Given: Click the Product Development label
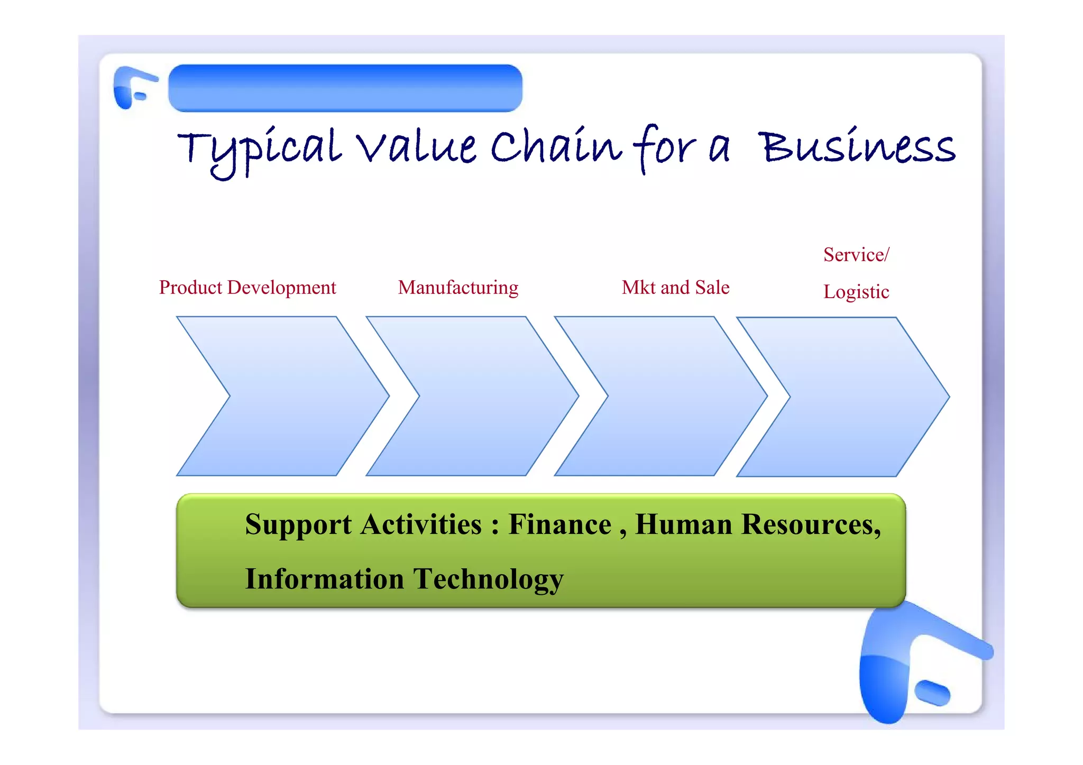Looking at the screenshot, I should click(247, 288).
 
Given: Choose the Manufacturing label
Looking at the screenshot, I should click(458, 288).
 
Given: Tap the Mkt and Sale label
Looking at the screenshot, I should click(675, 288).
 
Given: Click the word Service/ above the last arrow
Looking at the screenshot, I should click(856, 255).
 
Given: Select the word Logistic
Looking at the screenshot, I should click(856, 292).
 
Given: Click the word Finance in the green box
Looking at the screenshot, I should click(559, 524).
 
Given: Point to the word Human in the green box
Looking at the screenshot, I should click(683, 524).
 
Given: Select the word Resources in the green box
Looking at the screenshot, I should click(810, 524).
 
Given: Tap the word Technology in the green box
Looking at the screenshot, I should click(489, 579).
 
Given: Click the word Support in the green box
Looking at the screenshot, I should click(298, 526).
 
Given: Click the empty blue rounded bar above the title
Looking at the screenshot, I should click(345, 88).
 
